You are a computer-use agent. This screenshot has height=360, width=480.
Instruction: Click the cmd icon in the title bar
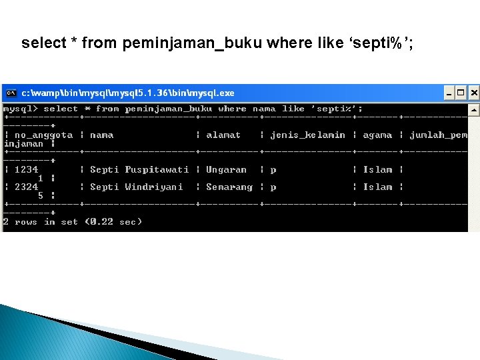point(11,93)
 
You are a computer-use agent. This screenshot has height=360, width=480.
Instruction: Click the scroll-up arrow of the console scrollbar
point(473,109)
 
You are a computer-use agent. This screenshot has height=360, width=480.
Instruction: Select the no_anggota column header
point(43,135)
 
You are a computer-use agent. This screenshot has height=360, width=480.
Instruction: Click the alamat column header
point(223,135)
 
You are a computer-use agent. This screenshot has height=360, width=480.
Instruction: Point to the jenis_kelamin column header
point(307,135)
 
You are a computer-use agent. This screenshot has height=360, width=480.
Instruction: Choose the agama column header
point(377,135)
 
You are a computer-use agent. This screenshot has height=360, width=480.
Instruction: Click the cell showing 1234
point(26,169)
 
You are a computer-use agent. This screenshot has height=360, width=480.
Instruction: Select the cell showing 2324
point(26,187)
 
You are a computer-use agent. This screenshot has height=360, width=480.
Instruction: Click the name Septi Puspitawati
point(139,169)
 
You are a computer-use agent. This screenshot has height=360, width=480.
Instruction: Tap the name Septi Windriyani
point(136,187)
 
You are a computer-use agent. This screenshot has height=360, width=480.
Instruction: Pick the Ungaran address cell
point(226,169)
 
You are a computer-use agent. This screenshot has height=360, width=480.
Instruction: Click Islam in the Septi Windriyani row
point(377,187)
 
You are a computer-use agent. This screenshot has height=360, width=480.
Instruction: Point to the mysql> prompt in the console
point(20,109)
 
